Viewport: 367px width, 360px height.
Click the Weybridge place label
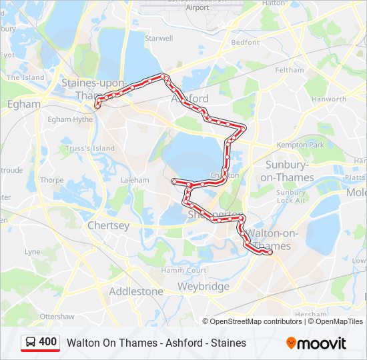(203, 286)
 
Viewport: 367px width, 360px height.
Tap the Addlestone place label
(135, 291)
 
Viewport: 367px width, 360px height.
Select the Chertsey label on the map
(108, 225)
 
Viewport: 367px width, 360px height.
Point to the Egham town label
(23, 104)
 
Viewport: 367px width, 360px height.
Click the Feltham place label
(289, 70)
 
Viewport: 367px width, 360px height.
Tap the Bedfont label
(245, 42)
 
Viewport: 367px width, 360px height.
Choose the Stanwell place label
(159, 39)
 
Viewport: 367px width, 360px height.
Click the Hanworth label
(329, 99)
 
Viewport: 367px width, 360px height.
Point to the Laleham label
(135, 180)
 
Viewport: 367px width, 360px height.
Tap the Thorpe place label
(51, 180)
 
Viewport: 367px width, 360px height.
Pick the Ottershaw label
(57, 316)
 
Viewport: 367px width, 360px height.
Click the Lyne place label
(32, 252)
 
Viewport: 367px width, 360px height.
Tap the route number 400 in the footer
(48, 342)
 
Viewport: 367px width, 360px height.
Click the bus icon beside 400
(31, 343)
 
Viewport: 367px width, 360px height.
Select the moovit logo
(316, 343)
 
